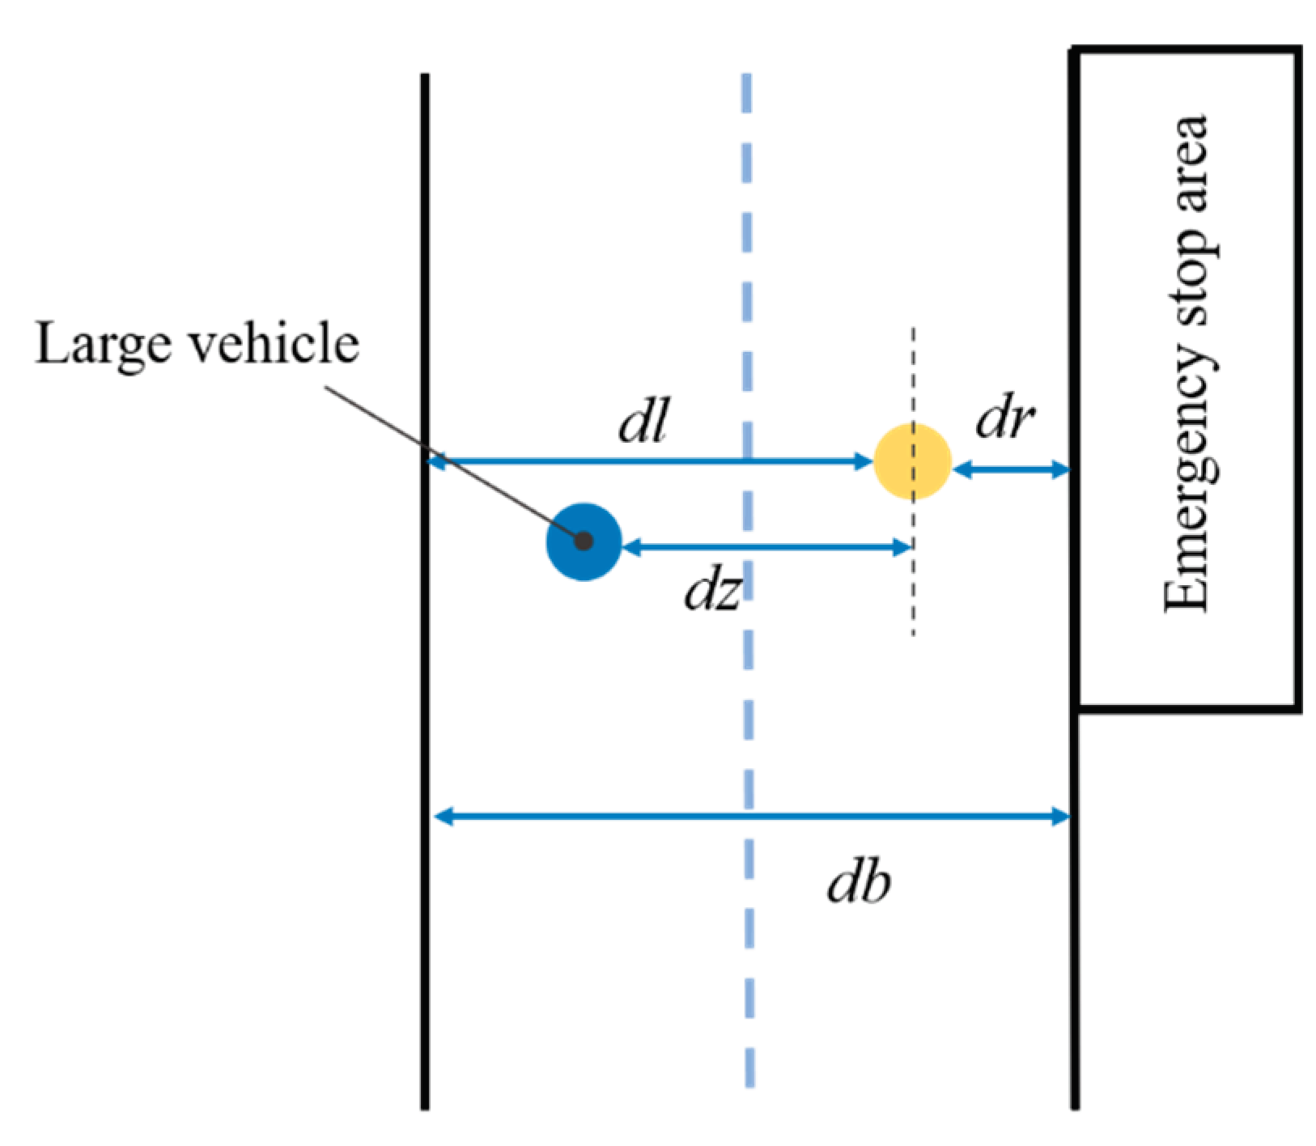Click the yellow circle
pos(912,462)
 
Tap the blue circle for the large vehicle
pos(584,541)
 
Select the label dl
pos(643,422)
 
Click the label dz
pos(712,592)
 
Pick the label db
pos(859,882)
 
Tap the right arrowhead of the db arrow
pos(1061,816)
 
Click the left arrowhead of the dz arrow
pos(632,547)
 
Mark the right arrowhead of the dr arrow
pos(1061,469)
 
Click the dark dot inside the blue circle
pos(584,541)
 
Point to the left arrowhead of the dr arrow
pos(962,469)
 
